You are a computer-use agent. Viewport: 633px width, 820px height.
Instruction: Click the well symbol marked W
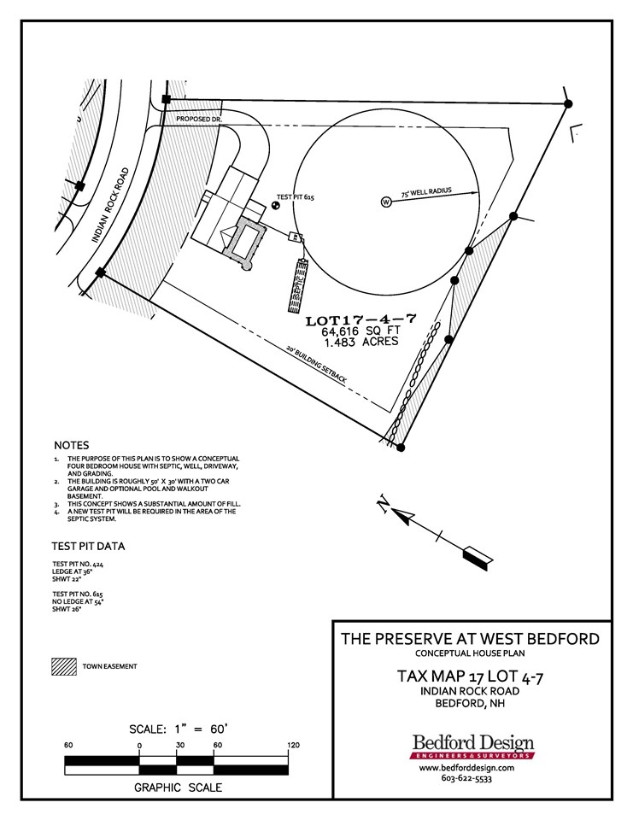pos(385,202)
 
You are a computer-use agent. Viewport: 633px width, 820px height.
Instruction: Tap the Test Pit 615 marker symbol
pos(275,204)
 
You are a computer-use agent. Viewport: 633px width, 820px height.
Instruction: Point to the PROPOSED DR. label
pos(199,119)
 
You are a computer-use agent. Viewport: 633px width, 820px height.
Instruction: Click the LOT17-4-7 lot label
pos(360,321)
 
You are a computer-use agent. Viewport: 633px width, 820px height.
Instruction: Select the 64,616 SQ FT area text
pos(361,333)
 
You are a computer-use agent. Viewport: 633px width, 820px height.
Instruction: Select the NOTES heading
pos(71,446)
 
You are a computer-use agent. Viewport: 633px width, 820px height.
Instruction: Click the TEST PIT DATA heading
pos(89,546)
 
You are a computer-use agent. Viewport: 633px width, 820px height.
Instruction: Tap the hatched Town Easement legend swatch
pos(62,666)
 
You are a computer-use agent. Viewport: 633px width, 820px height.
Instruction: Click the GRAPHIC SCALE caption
pos(178,788)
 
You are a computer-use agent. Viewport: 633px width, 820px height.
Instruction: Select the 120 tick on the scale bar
pos(293,746)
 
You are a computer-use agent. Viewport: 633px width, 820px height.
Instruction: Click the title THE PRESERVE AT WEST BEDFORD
pos(470,639)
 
